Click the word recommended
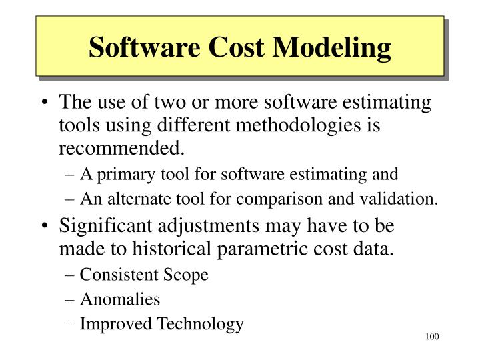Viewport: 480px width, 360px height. [x=119, y=146]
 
